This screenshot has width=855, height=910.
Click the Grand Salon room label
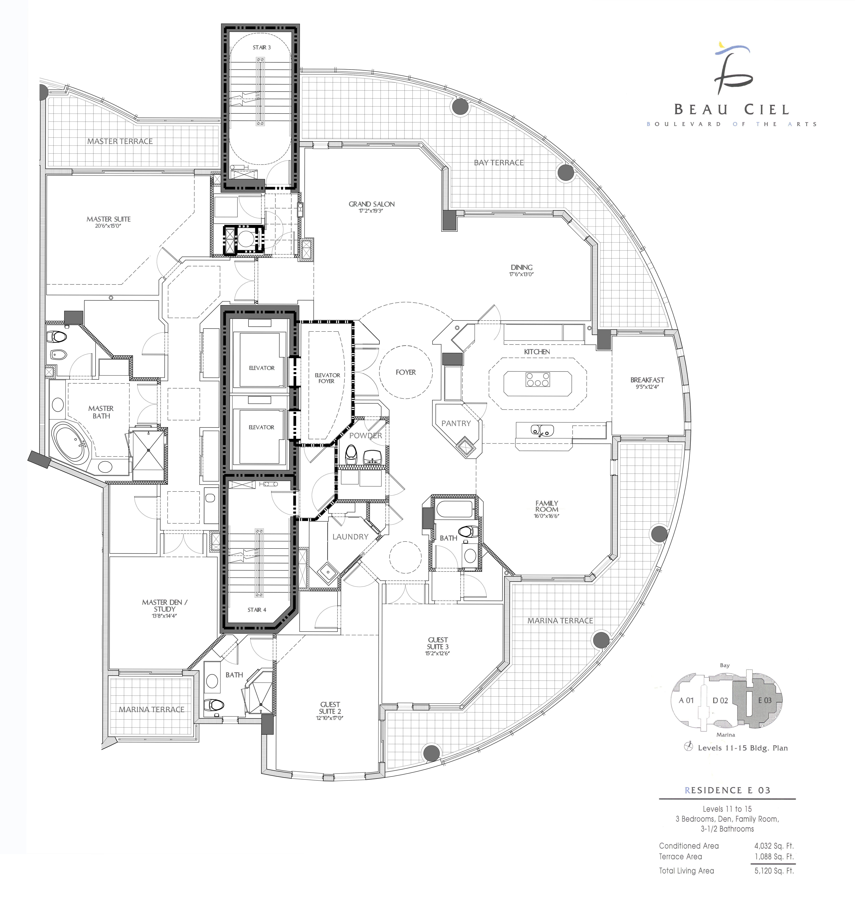click(x=371, y=204)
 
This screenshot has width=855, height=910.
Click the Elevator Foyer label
click(x=327, y=378)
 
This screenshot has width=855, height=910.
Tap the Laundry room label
click(x=350, y=537)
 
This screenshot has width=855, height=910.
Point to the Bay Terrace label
click(x=499, y=163)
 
